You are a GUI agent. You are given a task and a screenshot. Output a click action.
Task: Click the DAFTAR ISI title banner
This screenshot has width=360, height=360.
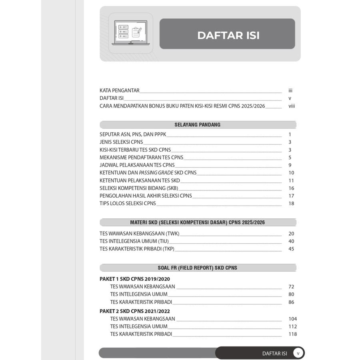tap(227, 35)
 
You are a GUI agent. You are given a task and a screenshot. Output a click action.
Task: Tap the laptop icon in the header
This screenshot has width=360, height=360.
tap(130, 33)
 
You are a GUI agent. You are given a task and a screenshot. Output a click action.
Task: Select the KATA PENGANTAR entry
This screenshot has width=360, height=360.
tap(120, 91)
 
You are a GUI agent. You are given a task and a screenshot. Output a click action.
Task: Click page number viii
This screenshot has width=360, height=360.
tap(292, 106)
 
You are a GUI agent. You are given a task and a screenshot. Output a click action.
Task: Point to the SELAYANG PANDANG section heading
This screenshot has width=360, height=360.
tap(198, 125)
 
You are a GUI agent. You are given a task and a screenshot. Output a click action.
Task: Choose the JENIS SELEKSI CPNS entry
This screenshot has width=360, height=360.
tap(121, 142)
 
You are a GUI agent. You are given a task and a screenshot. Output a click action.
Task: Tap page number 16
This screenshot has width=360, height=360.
tap(291, 188)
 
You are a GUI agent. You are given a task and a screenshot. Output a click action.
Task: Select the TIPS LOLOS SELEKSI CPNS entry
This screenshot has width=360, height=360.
tap(128, 203)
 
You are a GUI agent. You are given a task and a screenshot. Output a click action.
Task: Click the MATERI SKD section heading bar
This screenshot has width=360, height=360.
tap(198, 222)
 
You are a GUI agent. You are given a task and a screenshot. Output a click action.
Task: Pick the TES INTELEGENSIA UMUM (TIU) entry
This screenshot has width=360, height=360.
tap(134, 241)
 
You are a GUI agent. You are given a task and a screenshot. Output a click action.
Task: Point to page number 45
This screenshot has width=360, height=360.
tap(291, 249)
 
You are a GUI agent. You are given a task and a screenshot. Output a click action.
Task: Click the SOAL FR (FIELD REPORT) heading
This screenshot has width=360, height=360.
tap(198, 268)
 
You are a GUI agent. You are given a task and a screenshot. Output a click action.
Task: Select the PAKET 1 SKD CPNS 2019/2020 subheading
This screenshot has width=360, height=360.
tap(135, 279)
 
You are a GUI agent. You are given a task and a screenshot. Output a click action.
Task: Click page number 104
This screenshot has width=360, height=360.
tap(292, 319)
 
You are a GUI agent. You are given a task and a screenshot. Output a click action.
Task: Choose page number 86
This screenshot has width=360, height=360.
tap(291, 302)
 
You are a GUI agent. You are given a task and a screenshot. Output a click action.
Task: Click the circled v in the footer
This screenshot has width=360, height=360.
tap(298, 353)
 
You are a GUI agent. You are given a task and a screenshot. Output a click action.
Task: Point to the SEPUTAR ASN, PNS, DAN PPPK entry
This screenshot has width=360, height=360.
tap(133, 134)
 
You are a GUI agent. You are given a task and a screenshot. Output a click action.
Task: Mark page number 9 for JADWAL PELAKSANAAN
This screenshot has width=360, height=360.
tap(290, 165)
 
